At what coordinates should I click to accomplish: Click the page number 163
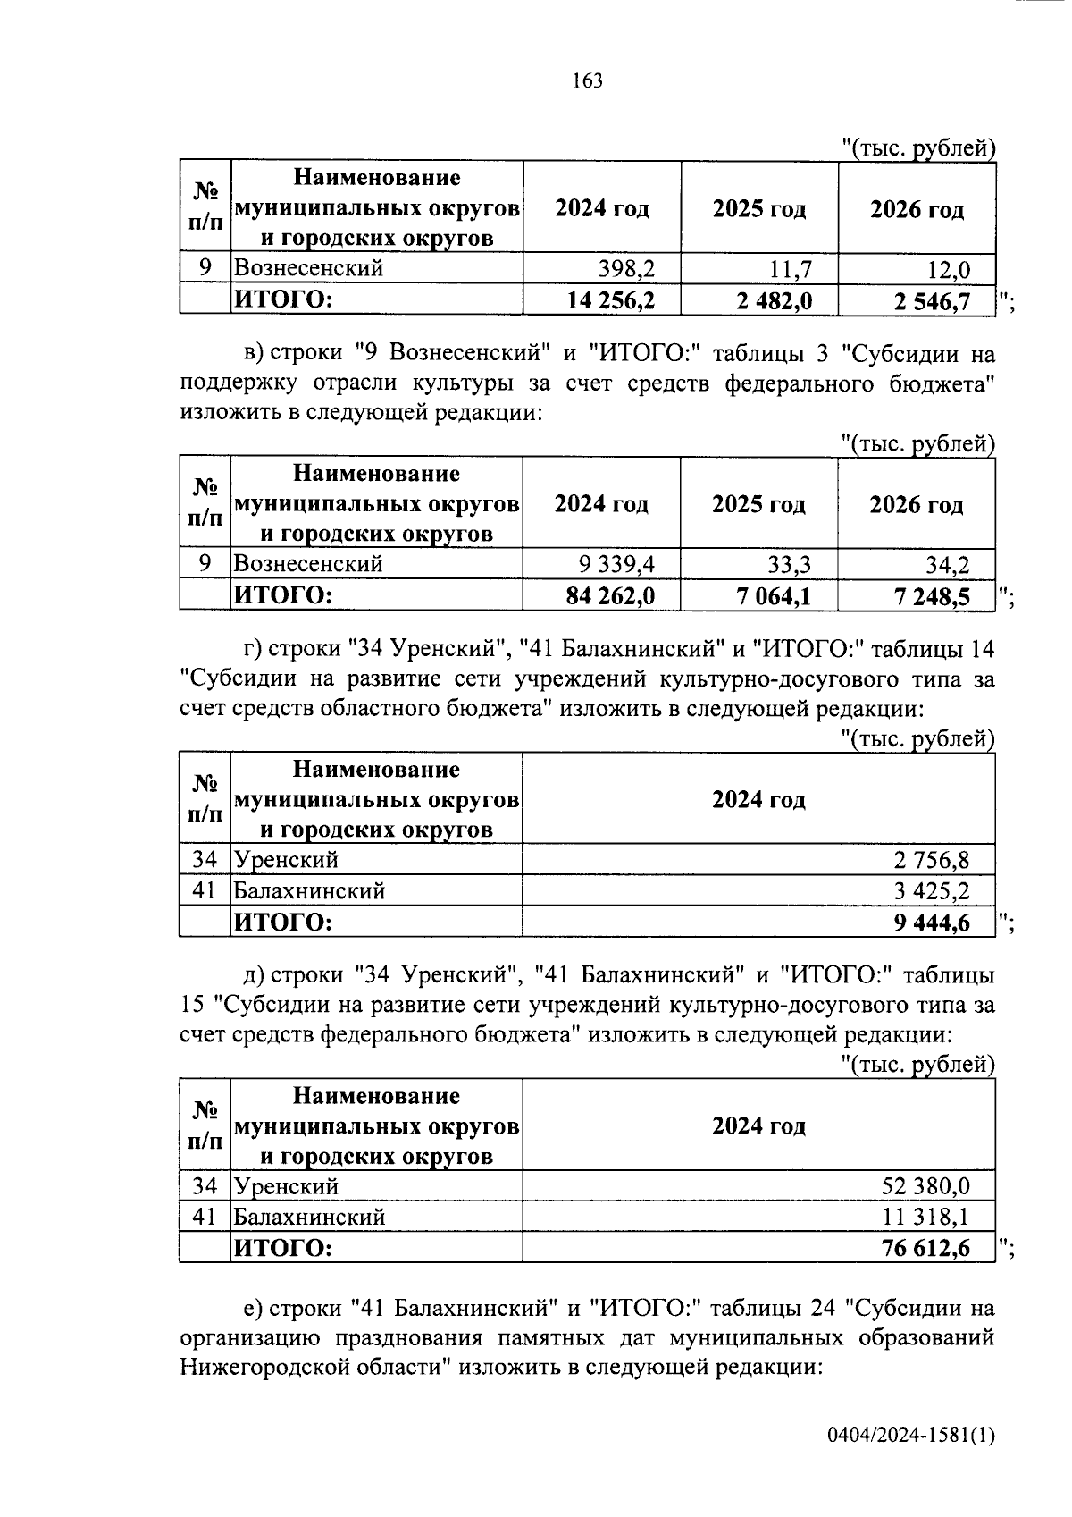588,81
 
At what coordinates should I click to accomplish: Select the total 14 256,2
611,300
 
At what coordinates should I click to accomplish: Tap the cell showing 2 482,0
775,300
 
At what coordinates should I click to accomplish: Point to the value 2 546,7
932,301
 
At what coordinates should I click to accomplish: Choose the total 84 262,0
611,595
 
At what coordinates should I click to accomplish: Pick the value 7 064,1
775,595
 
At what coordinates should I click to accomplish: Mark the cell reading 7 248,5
932,596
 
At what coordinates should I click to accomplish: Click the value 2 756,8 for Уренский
932,861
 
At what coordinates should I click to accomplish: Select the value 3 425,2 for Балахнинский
932,891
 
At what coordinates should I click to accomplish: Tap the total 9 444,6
932,923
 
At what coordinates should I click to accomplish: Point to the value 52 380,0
925,1187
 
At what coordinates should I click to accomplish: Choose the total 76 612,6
925,1248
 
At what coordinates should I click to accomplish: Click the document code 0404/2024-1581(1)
910,1436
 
